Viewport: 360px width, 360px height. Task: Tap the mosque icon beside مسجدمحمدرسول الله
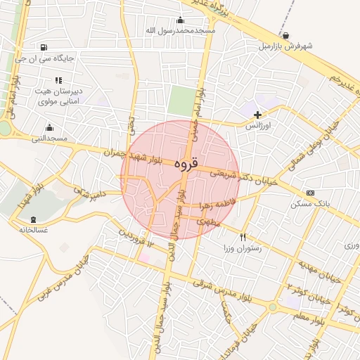180,20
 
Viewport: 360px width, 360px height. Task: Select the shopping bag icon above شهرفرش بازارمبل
285,35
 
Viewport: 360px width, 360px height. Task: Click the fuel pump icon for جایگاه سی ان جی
46,48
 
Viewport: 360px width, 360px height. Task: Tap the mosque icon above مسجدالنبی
49,127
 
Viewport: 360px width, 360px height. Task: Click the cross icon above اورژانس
257,114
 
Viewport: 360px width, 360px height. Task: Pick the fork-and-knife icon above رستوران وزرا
243,238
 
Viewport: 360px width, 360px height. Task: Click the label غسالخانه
34,230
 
